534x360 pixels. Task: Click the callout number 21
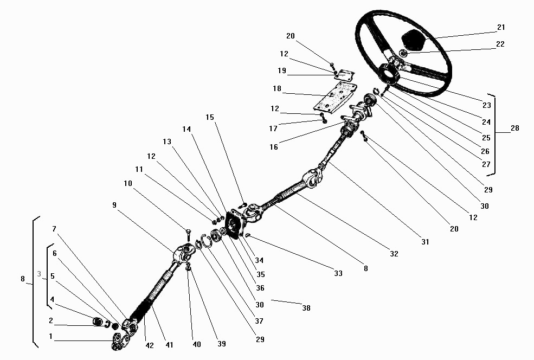point(501,27)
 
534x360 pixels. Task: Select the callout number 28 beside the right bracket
point(515,128)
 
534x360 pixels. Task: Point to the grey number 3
point(39,274)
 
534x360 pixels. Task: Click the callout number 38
point(306,308)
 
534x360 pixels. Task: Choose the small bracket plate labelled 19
point(344,74)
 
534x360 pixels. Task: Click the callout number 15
point(210,117)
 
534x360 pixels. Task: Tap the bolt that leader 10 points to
point(188,234)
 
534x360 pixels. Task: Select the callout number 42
point(150,345)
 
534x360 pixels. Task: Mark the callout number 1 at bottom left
point(51,337)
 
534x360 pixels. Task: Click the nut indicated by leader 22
point(403,53)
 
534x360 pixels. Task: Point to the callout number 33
point(338,273)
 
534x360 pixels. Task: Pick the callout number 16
point(274,147)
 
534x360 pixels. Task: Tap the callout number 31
point(425,242)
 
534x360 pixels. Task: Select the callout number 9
point(114,205)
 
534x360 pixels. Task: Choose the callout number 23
point(487,105)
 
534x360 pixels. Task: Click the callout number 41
point(169,345)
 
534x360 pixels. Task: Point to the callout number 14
point(186,129)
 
